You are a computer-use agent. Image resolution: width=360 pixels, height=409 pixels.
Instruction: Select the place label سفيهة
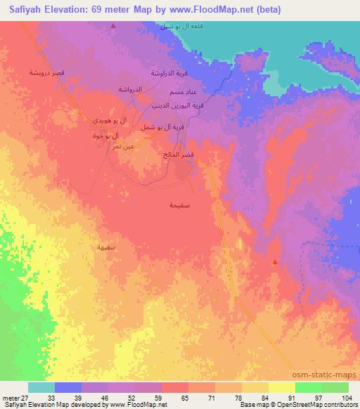tap(107, 247)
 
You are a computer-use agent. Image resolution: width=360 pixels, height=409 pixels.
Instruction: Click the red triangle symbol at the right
tap(274, 261)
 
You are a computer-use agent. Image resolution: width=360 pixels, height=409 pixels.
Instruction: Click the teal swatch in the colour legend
tap(41, 387)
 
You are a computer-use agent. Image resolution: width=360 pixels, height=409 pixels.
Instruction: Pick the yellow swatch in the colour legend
tap(282, 387)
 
